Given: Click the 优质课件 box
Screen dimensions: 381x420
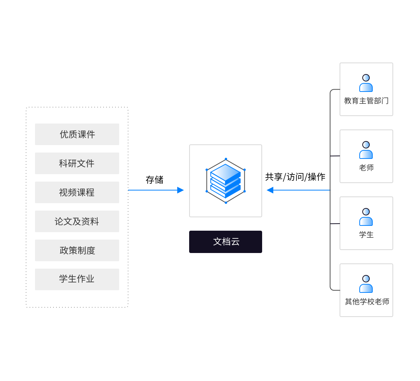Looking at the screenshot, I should (77, 134).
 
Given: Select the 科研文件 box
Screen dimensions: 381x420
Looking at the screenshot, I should (77, 163).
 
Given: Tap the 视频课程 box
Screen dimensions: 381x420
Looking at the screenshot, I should (77, 192).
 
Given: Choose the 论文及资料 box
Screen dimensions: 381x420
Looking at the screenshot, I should (77, 221).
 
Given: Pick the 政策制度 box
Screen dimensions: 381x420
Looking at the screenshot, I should (77, 250).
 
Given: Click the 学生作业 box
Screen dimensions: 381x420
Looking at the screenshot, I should (77, 279).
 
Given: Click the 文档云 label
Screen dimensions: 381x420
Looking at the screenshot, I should (226, 242).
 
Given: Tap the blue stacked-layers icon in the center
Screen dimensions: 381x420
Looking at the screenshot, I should (226, 180).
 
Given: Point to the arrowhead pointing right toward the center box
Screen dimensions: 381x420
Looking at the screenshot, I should (181, 190).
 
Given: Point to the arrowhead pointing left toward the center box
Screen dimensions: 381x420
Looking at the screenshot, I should (270, 190).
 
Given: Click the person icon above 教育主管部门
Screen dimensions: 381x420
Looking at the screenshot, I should (366, 83).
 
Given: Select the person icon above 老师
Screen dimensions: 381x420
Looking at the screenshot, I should (366, 150).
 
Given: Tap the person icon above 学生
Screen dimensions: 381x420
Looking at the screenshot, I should (366, 217).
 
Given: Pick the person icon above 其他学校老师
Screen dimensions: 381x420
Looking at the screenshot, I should (366, 284).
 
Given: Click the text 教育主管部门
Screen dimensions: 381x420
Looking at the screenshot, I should (366, 101).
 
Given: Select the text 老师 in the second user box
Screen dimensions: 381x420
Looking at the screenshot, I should (366, 168).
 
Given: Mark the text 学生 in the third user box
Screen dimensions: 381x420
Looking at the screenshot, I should (366, 235).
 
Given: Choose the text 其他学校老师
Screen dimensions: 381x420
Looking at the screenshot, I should (367, 302).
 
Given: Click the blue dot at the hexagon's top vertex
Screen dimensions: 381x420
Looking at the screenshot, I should (226, 159).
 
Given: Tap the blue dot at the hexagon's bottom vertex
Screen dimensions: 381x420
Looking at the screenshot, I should (226, 203).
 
